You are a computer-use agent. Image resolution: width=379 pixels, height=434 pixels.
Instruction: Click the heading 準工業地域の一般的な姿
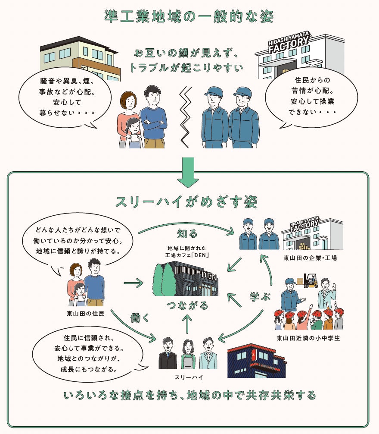[x=189, y=17]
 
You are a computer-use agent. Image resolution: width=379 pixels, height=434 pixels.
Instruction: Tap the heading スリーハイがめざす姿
[x=186, y=201]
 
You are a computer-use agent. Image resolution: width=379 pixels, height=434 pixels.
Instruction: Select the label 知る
[x=187, y=234]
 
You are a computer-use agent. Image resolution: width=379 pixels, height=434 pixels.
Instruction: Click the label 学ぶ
[x=260, y=296]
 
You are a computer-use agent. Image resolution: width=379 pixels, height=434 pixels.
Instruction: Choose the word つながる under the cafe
[x=187, y=305]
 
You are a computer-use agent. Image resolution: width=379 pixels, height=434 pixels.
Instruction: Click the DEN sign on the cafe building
[x=209, y=275]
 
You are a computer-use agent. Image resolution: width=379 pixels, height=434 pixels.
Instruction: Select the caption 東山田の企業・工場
[x=310, y=258]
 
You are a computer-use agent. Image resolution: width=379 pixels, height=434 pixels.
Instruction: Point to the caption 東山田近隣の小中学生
[x=308, y=338]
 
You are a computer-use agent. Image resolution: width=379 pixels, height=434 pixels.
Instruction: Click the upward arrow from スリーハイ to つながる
[x=187, y=324]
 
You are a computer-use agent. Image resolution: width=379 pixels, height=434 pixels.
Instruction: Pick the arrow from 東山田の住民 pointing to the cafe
[x=133, y=283]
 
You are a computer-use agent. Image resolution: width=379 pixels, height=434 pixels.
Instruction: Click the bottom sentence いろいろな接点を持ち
[x=189, y=395]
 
